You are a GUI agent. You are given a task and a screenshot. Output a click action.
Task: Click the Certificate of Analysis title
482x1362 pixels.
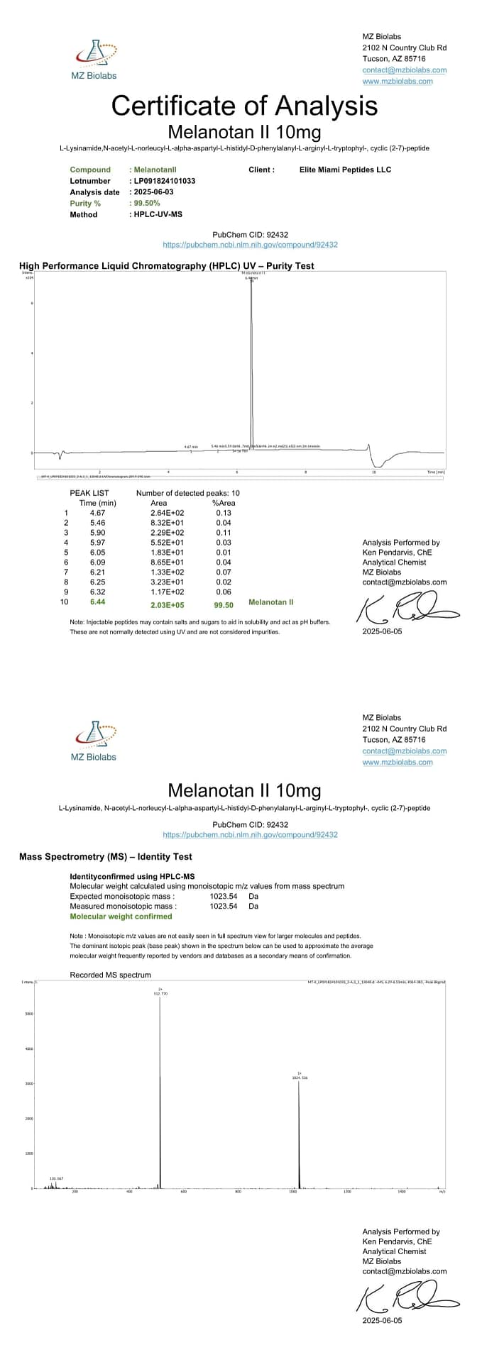pyautogui.click(x=244, y=106)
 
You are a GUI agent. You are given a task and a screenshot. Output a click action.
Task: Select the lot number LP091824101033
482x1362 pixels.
pyautogui.click(x=165, y=181)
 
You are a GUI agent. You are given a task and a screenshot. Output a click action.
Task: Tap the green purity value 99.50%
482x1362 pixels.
pyautogui.click(x=147, y=204)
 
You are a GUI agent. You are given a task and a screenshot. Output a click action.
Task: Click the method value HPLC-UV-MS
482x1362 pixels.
pyautogui.click(x=158, y=214)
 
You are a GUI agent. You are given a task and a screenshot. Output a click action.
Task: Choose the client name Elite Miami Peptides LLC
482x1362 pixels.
pyautogui.click(x=345, y=170)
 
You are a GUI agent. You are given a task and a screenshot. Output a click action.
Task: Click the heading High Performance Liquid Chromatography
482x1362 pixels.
pyautogui.click(x=166, y=266)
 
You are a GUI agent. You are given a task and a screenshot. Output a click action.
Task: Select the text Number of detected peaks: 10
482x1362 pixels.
pyautogui.click(x=187, y=493)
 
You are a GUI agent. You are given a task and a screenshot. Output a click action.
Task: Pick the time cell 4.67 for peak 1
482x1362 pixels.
pyautogui.click(x=97, y=513)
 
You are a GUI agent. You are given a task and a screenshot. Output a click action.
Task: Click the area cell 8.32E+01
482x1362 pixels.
pyautogui.click(x=167, y=523)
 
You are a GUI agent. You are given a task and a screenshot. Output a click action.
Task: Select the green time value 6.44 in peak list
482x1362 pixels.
pyautogui.click(x=97, y=602)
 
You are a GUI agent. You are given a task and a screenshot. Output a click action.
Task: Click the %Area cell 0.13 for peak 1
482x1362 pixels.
pyautogui.click(x=224, y=513)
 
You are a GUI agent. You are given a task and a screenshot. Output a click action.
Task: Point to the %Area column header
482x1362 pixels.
pyautogui.click(x=224, y=503)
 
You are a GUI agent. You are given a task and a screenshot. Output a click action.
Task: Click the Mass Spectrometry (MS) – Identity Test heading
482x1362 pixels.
pyautogui.click(x=105, y=857)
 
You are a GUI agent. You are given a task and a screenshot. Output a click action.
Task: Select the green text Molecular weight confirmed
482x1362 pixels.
pyautogui.click(x=121, y=917)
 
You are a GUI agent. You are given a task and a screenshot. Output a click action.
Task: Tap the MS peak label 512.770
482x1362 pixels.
pyautogui.click(x=160, y=994)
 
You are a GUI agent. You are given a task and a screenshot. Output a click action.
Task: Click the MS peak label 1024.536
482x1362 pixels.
pyautogui.click(x=300, y=1078)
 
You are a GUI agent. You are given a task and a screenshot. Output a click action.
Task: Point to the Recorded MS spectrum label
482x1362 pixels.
pyautogui.click(x=110, y=975)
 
